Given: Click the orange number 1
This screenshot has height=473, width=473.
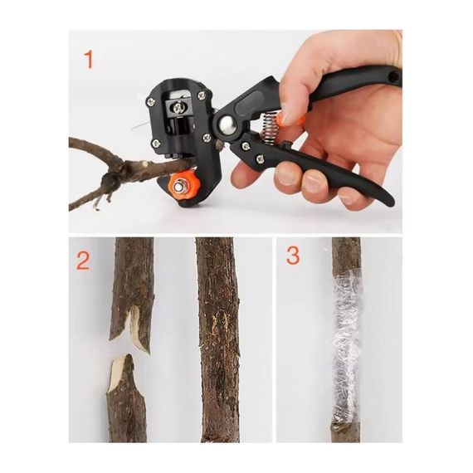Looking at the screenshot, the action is point(89,60).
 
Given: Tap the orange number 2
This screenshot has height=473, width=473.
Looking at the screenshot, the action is point(83,261).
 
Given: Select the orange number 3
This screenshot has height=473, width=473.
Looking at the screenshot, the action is point(293,256).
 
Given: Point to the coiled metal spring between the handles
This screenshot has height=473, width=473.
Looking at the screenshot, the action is point(269,127).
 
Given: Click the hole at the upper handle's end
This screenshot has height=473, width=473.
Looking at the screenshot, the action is point(394,77).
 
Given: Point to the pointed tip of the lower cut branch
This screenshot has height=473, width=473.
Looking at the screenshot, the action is point(128,357).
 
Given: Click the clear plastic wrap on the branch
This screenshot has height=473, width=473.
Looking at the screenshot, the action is point(346,348).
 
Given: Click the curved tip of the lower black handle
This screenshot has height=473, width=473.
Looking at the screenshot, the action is point(389,201).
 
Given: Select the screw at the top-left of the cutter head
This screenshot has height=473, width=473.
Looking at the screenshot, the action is point(150,101).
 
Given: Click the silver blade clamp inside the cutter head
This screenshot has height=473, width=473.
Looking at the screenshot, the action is point(178,107).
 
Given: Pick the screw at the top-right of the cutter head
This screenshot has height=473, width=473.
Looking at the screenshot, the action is point(201,96).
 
